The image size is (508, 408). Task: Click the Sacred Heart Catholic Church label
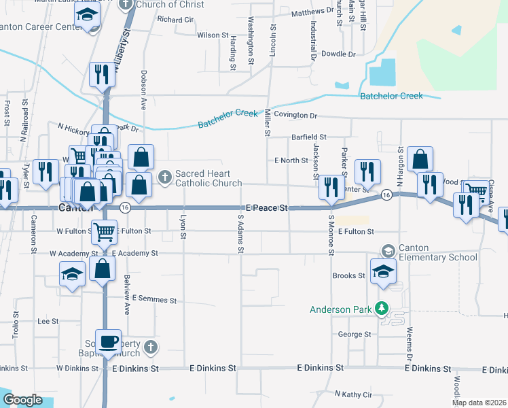[x=208, y=178]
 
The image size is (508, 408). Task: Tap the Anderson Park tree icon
[x=382, y=309]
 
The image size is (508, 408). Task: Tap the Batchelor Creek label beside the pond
[x=391, y=96]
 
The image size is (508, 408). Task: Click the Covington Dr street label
[x=295, y=116]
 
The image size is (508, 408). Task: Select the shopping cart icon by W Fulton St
[x=104, y=233]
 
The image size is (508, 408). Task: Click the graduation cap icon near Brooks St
[x=384, y=271]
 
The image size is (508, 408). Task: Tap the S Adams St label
[x=240, y=233]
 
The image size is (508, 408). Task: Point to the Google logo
[x=22, y=400]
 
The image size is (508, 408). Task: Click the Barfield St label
[x=309, y=137]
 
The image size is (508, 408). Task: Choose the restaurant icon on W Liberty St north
[x=103, y=73]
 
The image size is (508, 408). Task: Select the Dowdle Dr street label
[x=338, y=54]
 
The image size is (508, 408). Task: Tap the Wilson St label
[x=213, y=35]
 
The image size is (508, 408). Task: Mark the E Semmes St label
[x=154, y=299]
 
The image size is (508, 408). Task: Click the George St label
[x=355, y=335]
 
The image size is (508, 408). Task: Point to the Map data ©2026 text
[x=479, y=403]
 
